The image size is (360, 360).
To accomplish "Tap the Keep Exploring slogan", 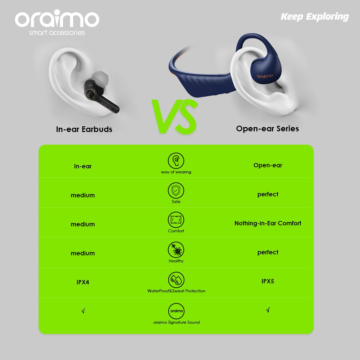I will [315, 17].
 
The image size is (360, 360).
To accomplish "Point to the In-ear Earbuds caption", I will [84, 129].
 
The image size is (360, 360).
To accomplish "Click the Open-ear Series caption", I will [267, 129].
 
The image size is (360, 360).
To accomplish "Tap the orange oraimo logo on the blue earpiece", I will [265, 76].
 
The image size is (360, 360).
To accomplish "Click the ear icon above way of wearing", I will [176, 161].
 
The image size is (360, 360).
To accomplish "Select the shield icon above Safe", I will [176, 191].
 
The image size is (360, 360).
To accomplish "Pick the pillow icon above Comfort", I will [176, 220].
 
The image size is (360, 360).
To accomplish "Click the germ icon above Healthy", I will [176, 250].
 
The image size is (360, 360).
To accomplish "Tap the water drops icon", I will [176, 280].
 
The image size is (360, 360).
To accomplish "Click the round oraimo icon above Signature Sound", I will [176, 311].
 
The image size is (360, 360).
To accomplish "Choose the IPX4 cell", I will [83, 282].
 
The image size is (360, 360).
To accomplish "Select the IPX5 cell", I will [268, 281].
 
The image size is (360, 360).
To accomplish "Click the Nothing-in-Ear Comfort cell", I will [268, 223].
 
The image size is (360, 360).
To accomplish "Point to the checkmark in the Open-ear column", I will [268, 310].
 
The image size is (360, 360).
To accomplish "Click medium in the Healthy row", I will [83, 253].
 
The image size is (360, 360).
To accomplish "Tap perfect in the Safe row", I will [268, 194].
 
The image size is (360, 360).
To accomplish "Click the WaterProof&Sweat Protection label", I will [176, 291].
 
